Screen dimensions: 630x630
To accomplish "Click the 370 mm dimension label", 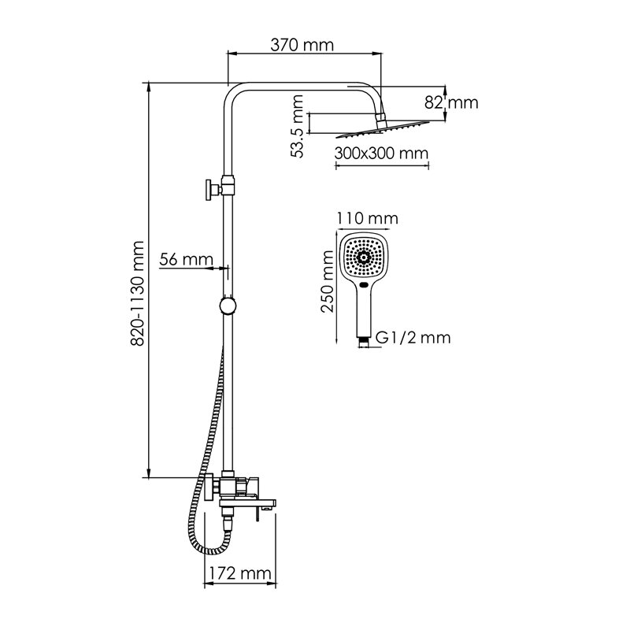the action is pyautogui.click(x=302, y=45).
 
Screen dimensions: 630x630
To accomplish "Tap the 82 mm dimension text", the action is pyautogui.click(x=451, y=103).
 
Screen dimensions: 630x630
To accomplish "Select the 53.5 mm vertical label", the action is pyautogui.click(x=297, y=126).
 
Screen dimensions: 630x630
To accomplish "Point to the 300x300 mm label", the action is pyautogui.click(x=381, y=153).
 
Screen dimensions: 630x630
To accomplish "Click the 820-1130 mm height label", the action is pyautogui.click(x=137, y=293).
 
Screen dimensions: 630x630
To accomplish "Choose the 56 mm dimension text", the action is pyautogui.click(x=186, y=260).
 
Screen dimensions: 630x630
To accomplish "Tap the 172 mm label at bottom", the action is pyautogui.click(x=240, y=573).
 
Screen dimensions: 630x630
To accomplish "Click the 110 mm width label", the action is pyautogui.click(x=367, y=219).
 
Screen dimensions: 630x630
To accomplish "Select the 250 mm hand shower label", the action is pyautogui.click(x=328, y=281).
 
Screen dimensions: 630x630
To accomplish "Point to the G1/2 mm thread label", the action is pyautogui.click(x=413, y=338).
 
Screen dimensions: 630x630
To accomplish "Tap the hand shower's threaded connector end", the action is pyautogui.click(x=364, y=343).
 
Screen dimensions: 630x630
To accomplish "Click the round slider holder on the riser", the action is pyautogui.click(x=228, y=306).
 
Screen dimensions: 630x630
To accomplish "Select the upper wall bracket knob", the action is pyautogui.click(x=209, y=190).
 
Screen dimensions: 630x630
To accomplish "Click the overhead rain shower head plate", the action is pyautogui.click(x=383, y=128).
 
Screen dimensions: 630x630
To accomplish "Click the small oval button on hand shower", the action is pyautogui.click(x=364, y=286).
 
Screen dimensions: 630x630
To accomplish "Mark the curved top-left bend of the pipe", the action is pyautogui.click(x=234, y=92).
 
